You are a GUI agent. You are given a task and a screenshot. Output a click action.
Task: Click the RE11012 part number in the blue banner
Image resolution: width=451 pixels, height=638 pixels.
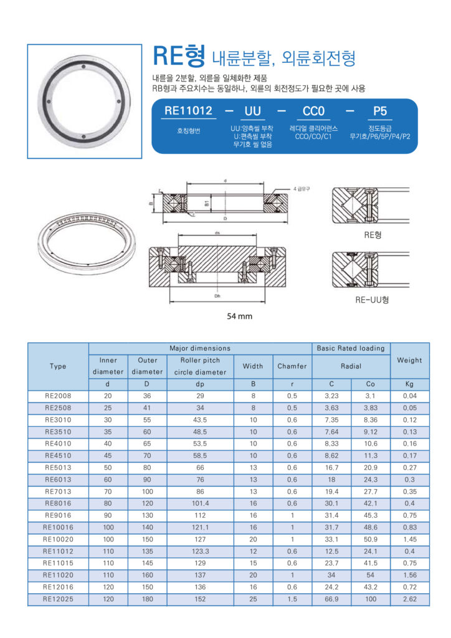[188, 111]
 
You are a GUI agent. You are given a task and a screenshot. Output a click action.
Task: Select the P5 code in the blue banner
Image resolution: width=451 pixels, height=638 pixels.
[379, 111]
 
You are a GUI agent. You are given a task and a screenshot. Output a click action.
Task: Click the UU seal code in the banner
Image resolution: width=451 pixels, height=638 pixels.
[252, 111]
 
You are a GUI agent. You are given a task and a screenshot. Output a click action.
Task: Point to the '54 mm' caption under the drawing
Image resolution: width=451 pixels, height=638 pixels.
[239, 317]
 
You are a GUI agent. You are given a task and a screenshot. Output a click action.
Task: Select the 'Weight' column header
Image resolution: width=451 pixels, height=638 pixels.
[409, 360]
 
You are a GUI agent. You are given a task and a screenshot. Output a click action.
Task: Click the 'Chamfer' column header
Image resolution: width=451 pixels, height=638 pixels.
[292, 366]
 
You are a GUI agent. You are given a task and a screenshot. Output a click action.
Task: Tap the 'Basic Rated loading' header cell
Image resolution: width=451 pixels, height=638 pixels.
[351, 348]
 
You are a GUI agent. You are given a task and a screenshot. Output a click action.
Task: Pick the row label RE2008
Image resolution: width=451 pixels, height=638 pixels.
[58, 396]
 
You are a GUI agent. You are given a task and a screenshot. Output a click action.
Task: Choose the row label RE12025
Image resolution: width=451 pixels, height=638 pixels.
[58, 599]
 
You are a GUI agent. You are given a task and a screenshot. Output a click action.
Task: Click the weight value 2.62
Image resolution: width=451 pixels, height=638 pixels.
[409, 599]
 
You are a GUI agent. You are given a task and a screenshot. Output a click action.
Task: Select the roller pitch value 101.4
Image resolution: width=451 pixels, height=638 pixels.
[200, 504]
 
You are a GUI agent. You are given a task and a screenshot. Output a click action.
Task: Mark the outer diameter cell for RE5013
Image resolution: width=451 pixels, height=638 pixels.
[147, 468]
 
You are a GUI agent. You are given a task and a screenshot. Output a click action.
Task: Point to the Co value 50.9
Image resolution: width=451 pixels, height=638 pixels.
[370, 540]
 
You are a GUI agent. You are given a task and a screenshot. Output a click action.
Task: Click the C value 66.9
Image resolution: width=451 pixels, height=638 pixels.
[331, 599]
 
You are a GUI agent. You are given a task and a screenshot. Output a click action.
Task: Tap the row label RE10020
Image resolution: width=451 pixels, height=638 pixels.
[58, 540]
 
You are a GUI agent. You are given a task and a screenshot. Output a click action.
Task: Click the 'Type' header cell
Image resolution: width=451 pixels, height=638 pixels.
[58, 366]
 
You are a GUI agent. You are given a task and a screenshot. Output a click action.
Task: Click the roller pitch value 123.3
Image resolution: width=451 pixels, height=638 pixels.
[200, 551]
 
